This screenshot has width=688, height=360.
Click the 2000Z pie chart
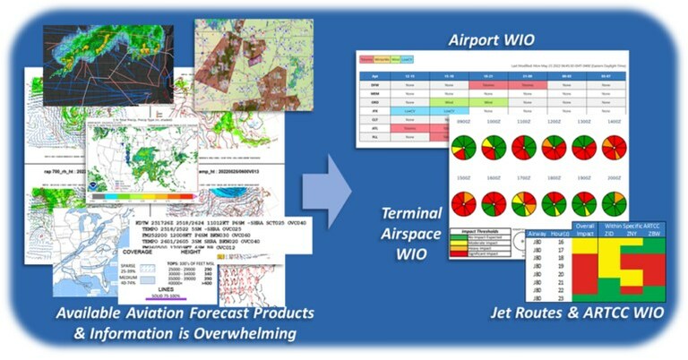pos(614,202)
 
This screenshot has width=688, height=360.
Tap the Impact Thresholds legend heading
pos(481,231)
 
